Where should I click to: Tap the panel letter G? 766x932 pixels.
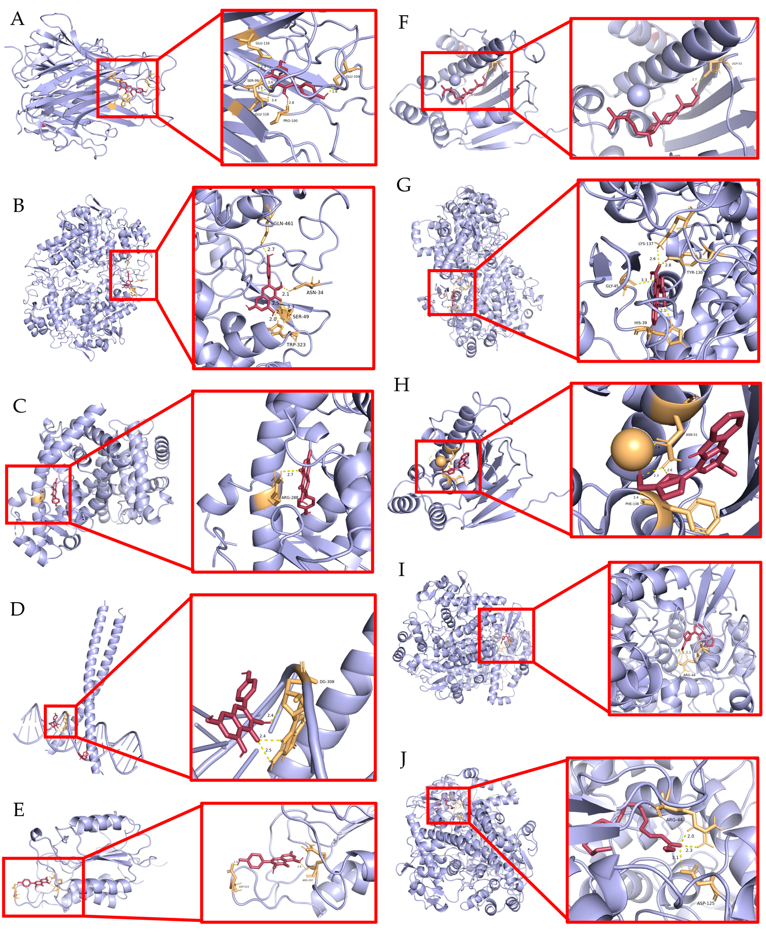pos(403,185)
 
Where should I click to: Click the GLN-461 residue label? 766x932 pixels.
pos(283,223)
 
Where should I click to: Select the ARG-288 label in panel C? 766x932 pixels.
pos(289,497)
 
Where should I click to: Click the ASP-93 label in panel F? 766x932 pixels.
pos(736,64)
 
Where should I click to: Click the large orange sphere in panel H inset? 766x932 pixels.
pos(634,447)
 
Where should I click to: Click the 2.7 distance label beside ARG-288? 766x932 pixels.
pos(290,474)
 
